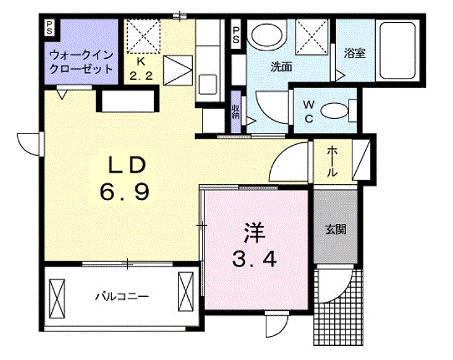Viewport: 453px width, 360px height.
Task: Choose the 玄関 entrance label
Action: (x=335, y=230)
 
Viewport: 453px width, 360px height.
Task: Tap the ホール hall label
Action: (x=333, y=162)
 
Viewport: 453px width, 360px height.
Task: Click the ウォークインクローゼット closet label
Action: (x=81, y=61)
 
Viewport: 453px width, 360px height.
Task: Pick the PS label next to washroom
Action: (x=236, y=34)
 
